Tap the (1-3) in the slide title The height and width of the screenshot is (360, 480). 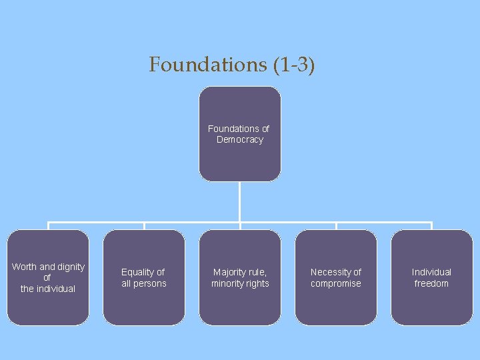coord(294,65)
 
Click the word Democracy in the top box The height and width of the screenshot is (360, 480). coord(240,139)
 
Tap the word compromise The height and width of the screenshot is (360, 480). coord(336,283)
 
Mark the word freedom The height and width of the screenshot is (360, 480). coord(431,283)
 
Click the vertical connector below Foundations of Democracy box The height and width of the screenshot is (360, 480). coord(240,201)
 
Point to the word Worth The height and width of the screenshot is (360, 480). coord(24,267)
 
